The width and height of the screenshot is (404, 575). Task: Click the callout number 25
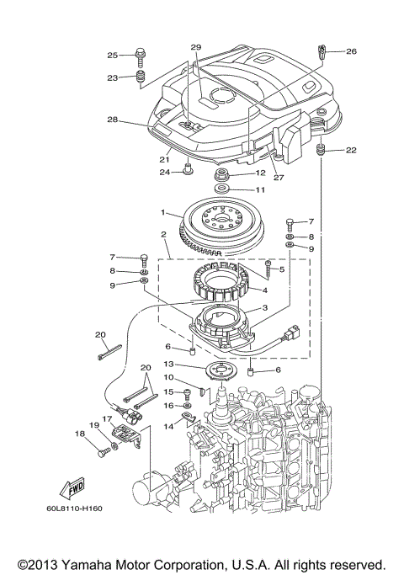tap(112, 56)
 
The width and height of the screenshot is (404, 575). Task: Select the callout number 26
tap(351, 51)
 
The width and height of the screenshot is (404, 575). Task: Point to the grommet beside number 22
tap(321, 151)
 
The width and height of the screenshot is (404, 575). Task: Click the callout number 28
tap(111, 120)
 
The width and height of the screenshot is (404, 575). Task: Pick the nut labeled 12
tap(224, 174)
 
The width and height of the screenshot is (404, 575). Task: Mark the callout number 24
tap(166, 172)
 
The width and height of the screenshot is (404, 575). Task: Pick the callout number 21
tap(166, 160)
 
